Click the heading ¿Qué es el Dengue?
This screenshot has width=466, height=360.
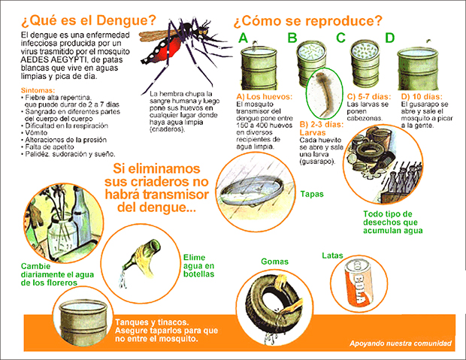pyautogui.click(x=89, y=20)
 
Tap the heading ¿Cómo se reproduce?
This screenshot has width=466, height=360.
pyautogui.click(x=307, y=21)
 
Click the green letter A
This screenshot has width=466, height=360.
pyautogui.click(x=243, y=38)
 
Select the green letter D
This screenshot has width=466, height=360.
pyautogui.click(x=389, y=38)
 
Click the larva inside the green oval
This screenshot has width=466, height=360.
pyautogui.click(x=323, y=93)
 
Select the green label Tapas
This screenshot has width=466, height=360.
pyautogui.click(x=312, y=194)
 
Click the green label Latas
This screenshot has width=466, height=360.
pyautogui.click(x=332, y=256)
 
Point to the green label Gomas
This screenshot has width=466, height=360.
pyautogui.click(x=274, y=262)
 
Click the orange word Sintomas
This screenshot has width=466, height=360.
pyautogui.click(x=38, y=90)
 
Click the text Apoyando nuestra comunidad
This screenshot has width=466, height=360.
pyautogui.click(x=401, y=343)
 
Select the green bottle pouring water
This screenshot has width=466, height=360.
pyautogui.click(x=142, y=258)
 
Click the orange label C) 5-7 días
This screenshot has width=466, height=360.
pyautogui.click(x=369, y=97)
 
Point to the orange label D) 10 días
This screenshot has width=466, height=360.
pyautogui.click(x=422, y=97)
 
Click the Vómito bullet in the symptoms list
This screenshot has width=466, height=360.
pyautogui.click(x=34, y=132)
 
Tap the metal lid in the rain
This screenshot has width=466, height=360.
pyautogui.click(x=252, y=190)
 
